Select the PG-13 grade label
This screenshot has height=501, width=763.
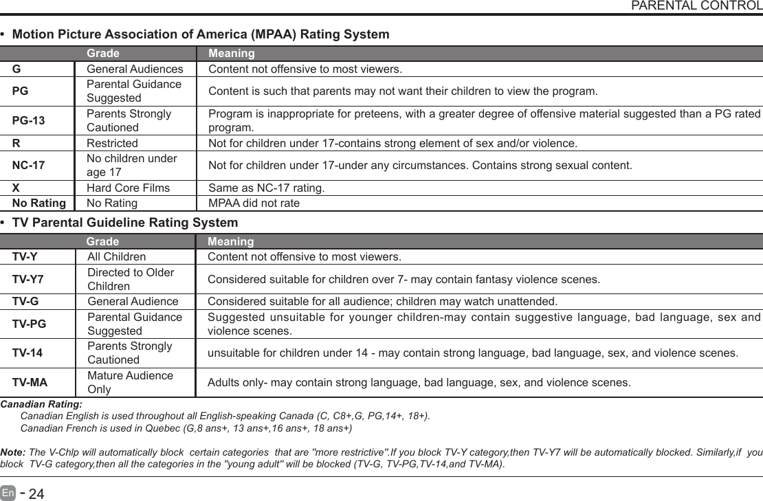click(29, 121)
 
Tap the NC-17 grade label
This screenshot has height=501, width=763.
click(29, 166)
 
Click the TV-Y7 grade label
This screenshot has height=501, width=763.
click(29, 280)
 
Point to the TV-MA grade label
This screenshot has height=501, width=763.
click(30, 383)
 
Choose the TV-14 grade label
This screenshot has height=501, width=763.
click(27, 353)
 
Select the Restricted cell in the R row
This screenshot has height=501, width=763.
click(111, 144)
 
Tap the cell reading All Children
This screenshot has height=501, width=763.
click(116, 257)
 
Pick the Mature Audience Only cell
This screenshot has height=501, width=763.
click(130, 383)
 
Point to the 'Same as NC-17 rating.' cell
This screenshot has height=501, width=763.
click(267, 188)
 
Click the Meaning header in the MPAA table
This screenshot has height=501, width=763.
click(231, 54)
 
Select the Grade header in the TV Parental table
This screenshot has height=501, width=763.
click(102, 242)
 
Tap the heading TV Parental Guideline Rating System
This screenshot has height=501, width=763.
click(125, 223)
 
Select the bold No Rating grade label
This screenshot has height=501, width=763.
click(39, 203)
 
